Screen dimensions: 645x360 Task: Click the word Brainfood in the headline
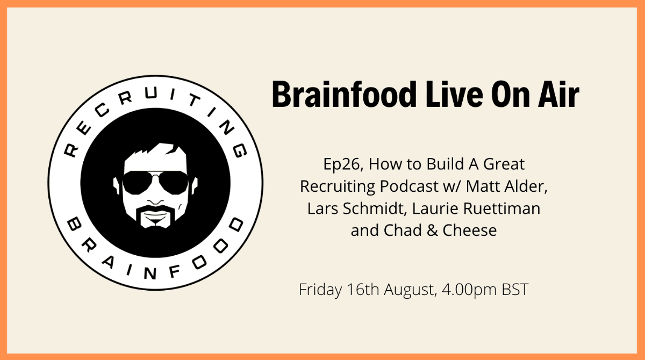pyautogui.click(x=345, y=95)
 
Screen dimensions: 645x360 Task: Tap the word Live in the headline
pyautogui.click(x=455, y=95)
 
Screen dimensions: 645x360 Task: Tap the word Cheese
pyautogui.click(x=470, y=230)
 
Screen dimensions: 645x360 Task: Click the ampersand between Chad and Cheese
pyautogui.click(x=432, y=230)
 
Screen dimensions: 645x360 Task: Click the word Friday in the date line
pyautogui.click(x=320, y=290)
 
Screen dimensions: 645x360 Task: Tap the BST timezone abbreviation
pyautogui.click(x=515, y=289)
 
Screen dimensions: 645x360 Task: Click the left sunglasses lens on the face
pyautogui.click(x=138, y=183)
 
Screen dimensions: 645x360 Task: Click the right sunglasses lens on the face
pyautogui.click(x=174, y=183)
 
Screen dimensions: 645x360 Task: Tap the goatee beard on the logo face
pyautogui.click(x=155, y=217)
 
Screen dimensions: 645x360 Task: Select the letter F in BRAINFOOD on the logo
pyautogui.click(x=175, y=271)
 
